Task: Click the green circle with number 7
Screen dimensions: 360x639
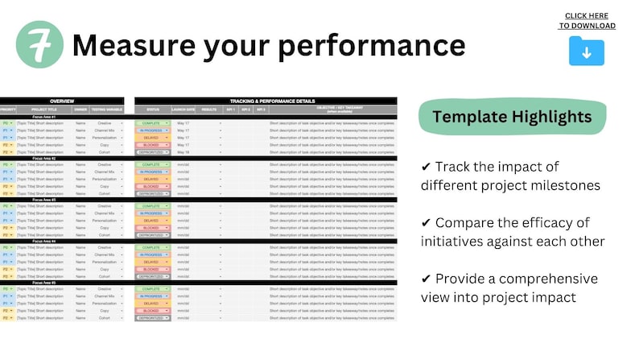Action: click(x=39, y=45)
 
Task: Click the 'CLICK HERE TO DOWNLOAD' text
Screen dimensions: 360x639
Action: click(x=587, y=20)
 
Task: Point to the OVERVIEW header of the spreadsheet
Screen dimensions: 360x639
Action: click(x=61, y=101)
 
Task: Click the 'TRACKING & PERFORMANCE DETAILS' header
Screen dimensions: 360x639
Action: click(x=265, y=101)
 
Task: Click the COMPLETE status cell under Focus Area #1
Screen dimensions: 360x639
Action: click(x=151, y=122)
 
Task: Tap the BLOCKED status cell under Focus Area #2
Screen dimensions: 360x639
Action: click(x=151, y=186)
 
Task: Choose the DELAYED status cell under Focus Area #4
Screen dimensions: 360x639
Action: click(x=151, y=262)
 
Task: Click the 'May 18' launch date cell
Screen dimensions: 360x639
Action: click(x=183, y=151)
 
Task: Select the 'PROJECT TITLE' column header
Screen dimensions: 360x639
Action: click(x=45, y=110)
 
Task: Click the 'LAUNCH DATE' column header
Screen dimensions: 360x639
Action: click(x=185, y=110)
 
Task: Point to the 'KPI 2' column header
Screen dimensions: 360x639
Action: click(x=245, y=110)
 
